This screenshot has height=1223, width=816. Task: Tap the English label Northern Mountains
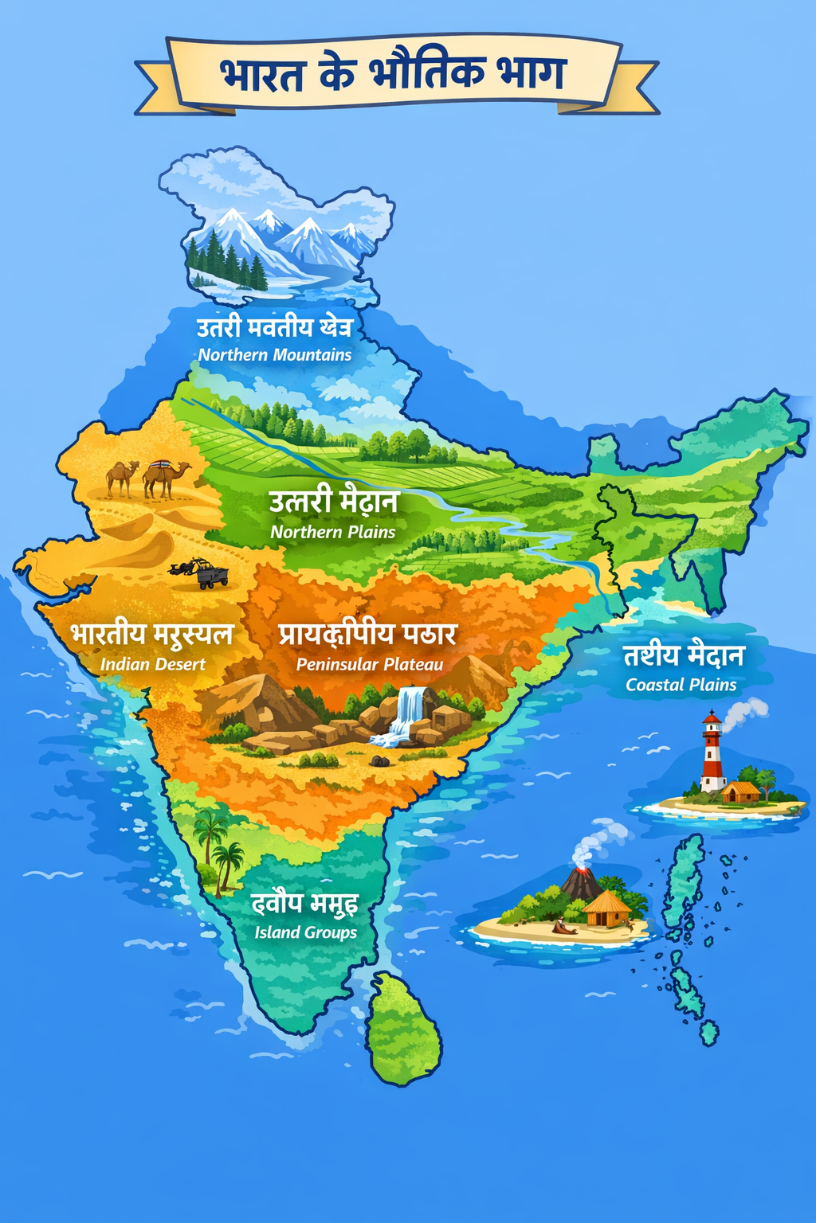point(275,355)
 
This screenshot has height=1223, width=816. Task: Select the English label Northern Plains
point(333,532)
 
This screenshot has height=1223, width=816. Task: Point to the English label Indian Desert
point(153,664)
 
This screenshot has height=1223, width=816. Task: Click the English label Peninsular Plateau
point(370,664)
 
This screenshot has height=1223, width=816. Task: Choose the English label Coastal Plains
point(681,685)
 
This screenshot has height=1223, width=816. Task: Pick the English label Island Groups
point(306,932)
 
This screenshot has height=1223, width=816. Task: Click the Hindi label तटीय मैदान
point(684,655)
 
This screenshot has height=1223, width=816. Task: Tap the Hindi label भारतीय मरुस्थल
point(151,635)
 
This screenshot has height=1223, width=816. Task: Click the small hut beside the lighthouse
point(740,791)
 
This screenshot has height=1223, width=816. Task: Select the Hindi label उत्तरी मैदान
point(333,502)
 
